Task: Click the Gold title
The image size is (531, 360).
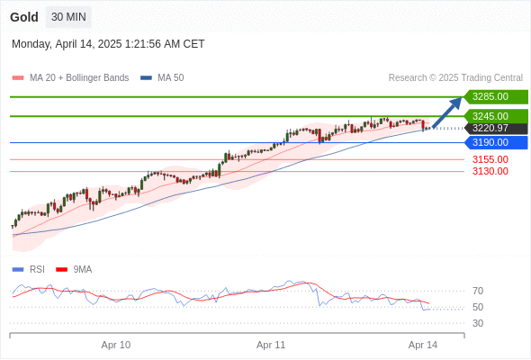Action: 24,17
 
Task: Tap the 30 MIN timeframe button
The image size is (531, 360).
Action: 68,17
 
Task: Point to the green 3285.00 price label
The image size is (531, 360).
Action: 496,97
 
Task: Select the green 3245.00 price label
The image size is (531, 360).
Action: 496,116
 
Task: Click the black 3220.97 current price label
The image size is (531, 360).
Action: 496,129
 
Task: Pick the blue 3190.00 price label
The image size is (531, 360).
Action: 496,142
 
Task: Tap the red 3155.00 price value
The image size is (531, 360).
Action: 490,159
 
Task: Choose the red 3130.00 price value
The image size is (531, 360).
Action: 490,171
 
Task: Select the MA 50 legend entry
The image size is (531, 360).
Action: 162,78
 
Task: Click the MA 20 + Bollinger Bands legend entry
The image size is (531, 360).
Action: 70,78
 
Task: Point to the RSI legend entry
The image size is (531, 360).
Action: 29,270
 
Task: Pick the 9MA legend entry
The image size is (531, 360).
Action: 74,270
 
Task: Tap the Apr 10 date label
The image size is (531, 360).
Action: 116,345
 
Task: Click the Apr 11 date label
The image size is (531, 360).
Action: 271,345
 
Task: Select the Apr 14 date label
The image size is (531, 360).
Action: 423,345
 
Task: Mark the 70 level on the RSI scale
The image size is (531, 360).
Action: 478,291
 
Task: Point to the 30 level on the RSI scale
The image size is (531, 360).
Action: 478,323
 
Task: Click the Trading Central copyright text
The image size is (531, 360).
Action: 455,78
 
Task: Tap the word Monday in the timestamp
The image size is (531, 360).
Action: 31,44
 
